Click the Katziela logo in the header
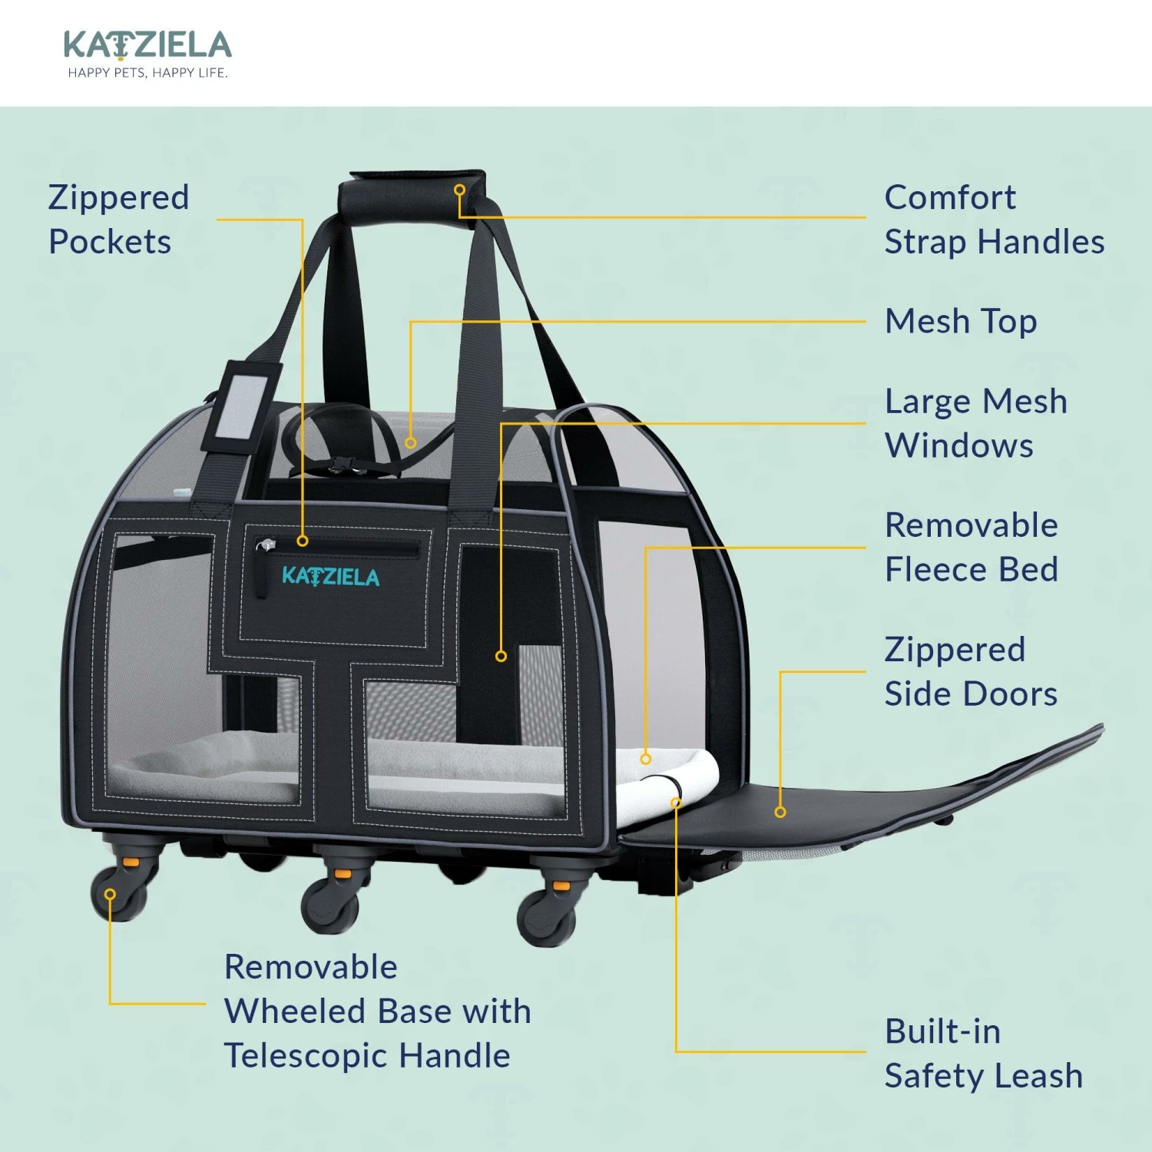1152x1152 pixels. point(147,45)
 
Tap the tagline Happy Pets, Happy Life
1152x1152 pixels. point(147,73)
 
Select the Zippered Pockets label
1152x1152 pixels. point(118,220)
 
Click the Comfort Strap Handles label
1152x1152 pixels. point(994,220)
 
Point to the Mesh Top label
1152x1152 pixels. point(961,322)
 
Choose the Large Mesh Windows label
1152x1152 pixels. point(975,423)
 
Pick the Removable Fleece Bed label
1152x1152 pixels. point(972,548)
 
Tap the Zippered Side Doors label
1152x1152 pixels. point(971,672)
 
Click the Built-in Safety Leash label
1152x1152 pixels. point(983,1053)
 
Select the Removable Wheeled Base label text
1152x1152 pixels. point(377,1011)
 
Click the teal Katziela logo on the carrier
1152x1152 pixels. point(330,577)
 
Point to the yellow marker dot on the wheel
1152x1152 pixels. point(111,894)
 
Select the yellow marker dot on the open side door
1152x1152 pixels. point(780,812)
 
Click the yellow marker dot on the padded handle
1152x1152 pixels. point(459,189)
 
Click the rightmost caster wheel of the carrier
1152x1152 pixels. point(547,915)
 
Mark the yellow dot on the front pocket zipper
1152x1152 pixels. point(303,541)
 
